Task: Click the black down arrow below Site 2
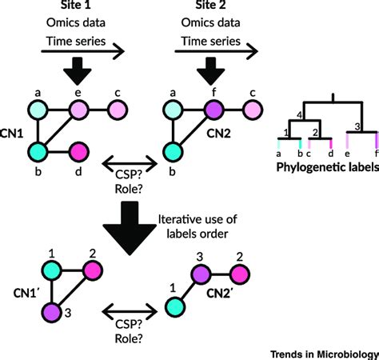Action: pyautogui.click(x=200, y=70)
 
